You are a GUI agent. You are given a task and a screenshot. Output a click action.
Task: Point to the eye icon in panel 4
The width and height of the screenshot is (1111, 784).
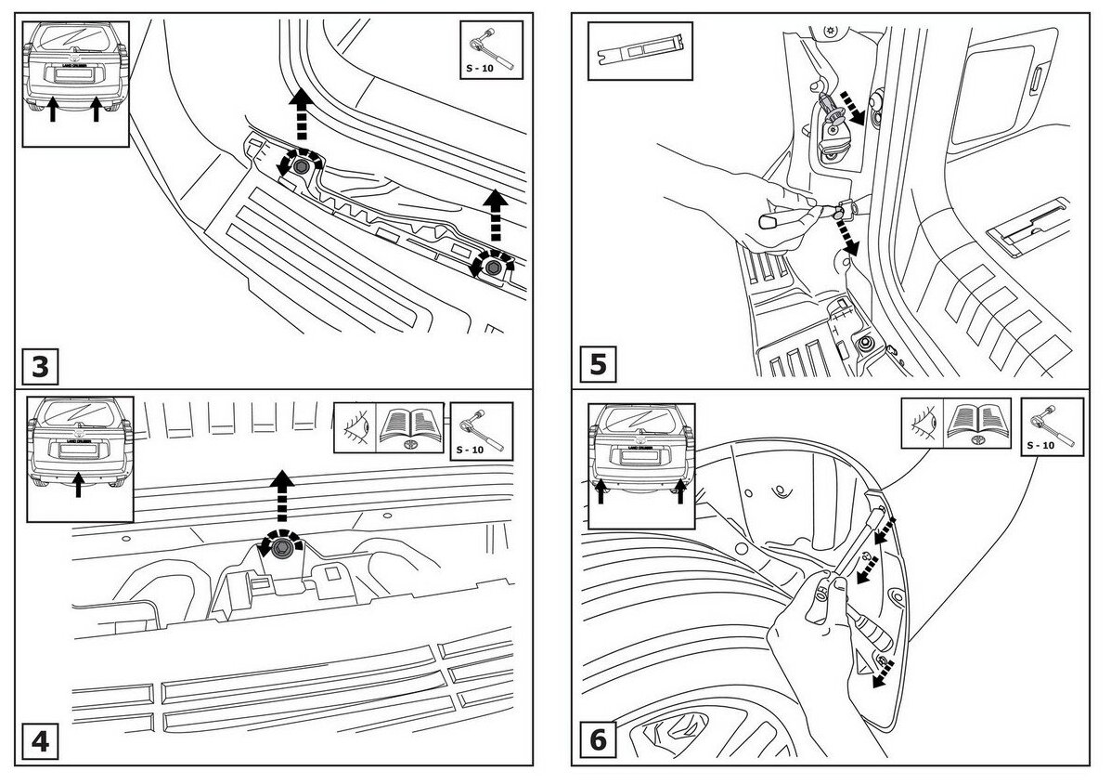click(354, 428)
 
